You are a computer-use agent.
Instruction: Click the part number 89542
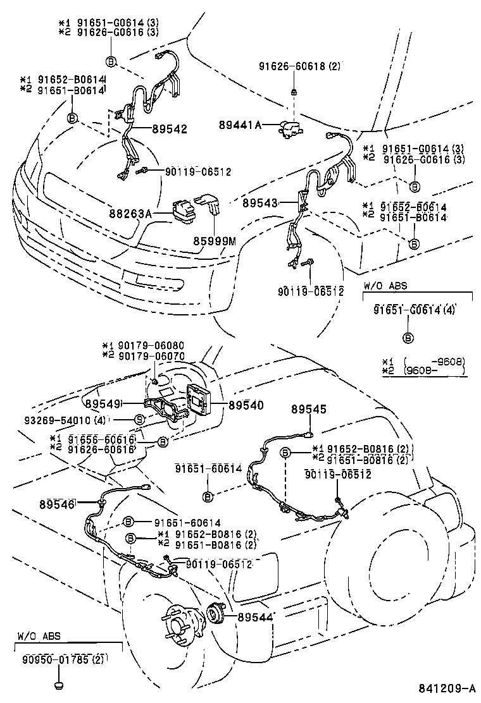[x=170, y=129]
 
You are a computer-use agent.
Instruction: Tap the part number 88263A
[x=132, y=214]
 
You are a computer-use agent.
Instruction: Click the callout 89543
[x=260, y=203]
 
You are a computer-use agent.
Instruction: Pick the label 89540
[x=246, y=405]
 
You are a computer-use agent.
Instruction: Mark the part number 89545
[x=309, y=410]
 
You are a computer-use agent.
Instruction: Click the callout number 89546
[x=58, y=504]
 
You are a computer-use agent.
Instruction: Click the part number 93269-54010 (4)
[x=57, y=419]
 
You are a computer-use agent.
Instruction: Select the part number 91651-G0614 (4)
[x=414, y=310]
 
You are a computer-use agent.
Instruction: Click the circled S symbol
[x=140, y=420]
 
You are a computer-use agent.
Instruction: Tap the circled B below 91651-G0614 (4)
[x=408, y=337]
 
